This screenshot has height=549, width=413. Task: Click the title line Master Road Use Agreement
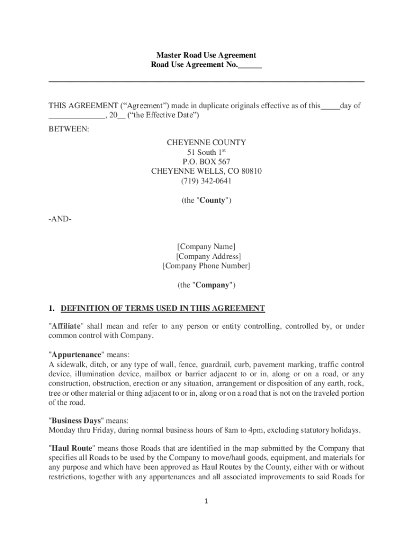pos(206,55)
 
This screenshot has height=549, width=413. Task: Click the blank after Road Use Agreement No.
pos(250,65)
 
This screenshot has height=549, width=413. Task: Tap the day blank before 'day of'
pos(330,106)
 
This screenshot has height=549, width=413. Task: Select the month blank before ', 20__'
pos(77,115)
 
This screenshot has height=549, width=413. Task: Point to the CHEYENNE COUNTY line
pos(206,143)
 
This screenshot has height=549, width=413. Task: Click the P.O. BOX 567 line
pos(206,162)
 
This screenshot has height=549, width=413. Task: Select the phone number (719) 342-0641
pos(206,181)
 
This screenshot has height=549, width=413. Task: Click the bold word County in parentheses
pos(213,201)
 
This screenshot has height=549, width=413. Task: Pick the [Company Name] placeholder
pos(206,247)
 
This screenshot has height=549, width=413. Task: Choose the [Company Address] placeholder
pos(206,256)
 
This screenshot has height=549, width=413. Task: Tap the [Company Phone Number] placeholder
pos(206,266)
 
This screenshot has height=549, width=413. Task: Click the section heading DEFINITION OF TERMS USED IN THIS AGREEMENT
pos(163,308)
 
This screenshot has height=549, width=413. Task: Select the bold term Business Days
pos(75,421)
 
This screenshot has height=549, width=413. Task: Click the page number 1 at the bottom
pos(206,501)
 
